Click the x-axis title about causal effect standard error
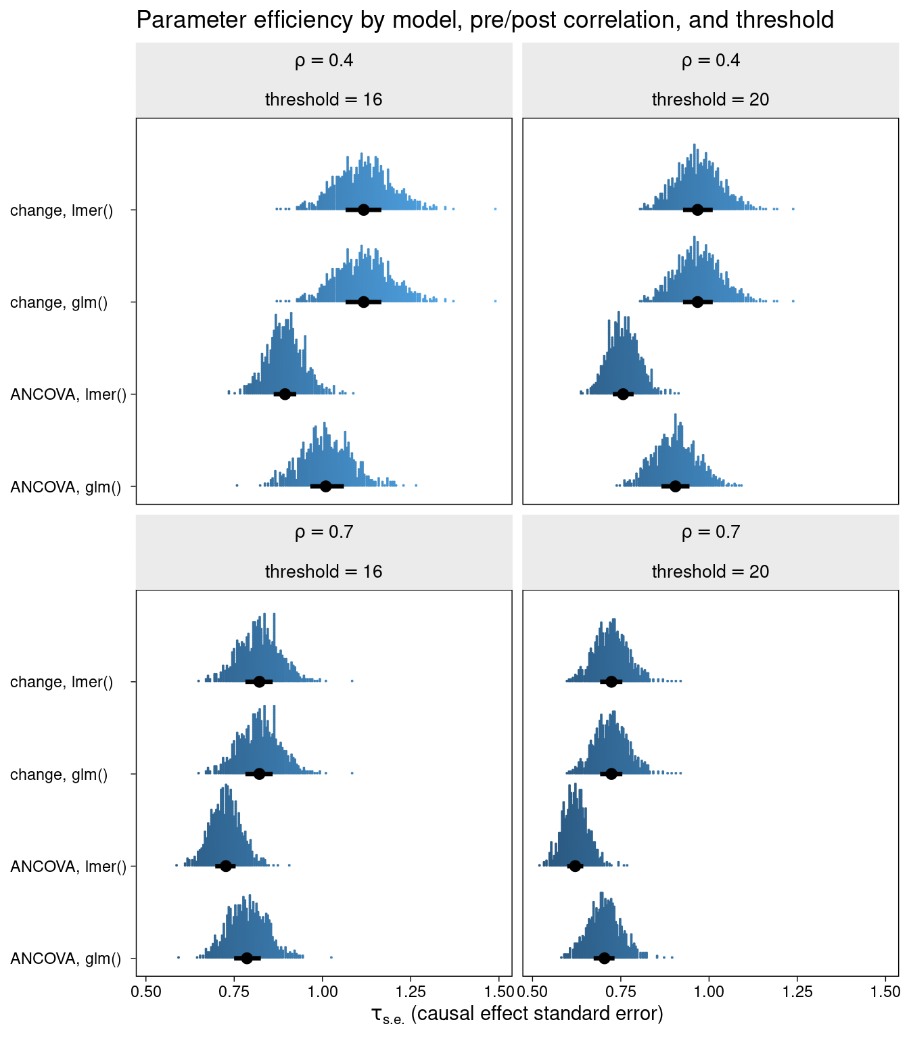[x=517, y=1014]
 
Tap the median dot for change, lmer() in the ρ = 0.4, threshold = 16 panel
[x=363, y=210]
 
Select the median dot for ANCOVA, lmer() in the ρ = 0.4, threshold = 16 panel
[x=285, y=394]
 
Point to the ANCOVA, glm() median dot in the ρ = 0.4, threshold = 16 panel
[x=325, y=486]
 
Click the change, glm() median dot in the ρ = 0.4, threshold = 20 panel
[x=697, y=302]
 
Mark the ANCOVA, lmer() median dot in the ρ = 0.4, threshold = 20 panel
[x=623, y=394]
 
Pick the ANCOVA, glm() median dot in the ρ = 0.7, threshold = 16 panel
[x=247, y=958]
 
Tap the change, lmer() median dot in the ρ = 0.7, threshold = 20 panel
[x=611, y=681]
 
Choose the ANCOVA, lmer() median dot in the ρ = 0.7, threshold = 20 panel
[x=575, y=866]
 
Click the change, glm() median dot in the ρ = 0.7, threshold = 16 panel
[x=259, y=774]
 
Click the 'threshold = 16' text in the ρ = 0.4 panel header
[x=323, y=100]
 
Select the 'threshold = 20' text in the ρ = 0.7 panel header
[x=710, y=572]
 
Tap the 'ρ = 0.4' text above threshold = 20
[x=710, y=61]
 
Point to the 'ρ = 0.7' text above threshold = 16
[x=323, y=532]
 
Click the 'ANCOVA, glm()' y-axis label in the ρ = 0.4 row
[x=66, y=486]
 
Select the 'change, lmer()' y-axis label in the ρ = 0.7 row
[x=62, y=682]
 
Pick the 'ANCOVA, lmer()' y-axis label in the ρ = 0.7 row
[x=68, y=867]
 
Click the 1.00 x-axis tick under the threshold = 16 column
[x=323, y=992]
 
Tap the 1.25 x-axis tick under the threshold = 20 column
[x=797, y=992]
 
